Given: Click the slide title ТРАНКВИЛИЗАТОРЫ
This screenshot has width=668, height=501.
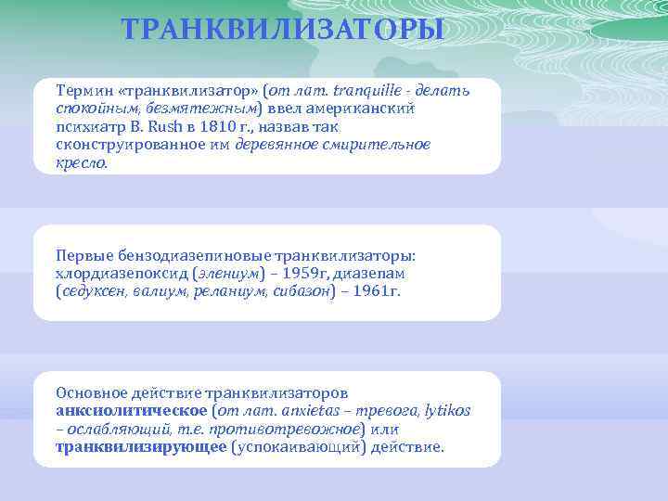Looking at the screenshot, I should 283,31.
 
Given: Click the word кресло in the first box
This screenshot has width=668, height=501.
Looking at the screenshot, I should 81,162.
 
